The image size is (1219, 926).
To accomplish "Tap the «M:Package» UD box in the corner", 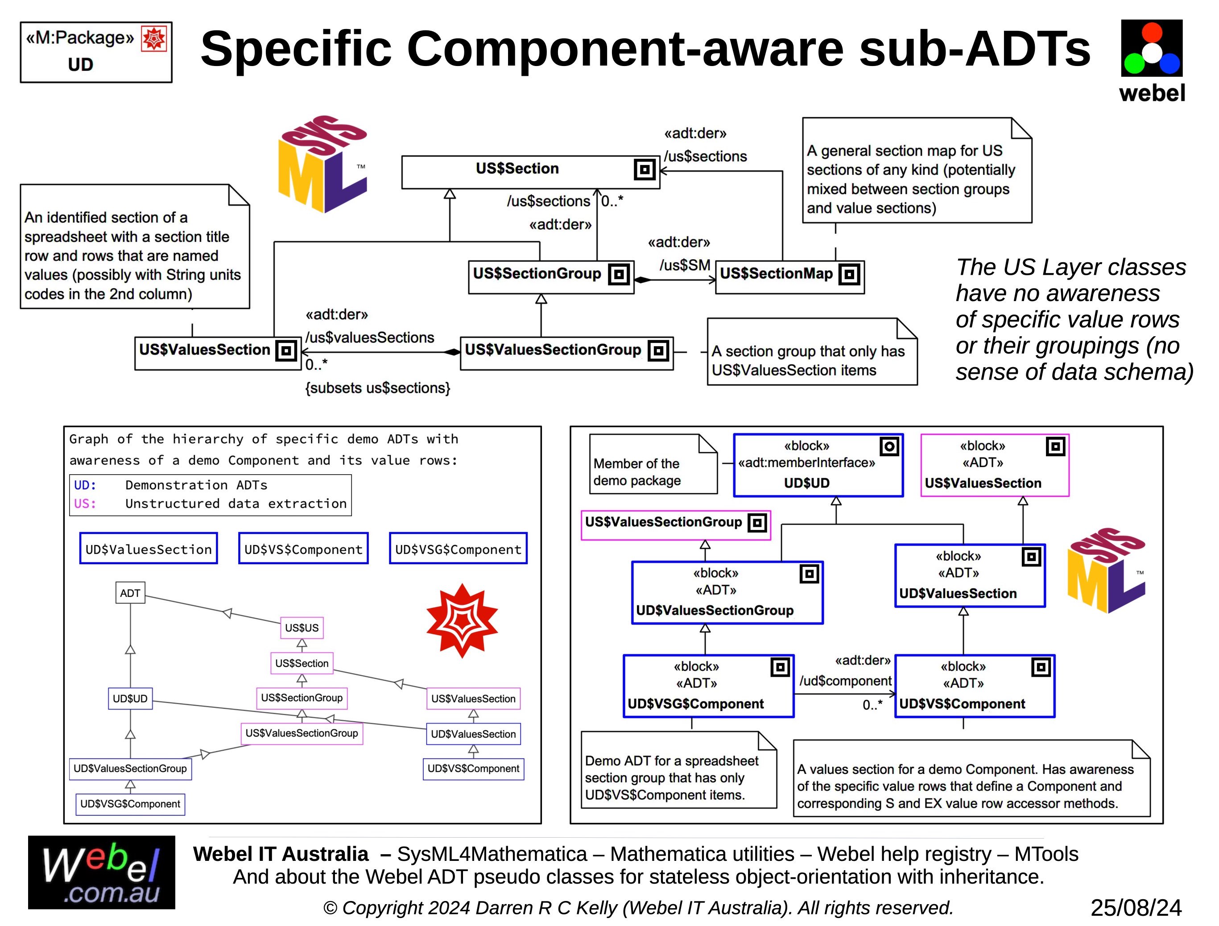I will coord(96,52).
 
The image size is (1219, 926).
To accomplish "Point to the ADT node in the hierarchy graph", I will coord(130,593).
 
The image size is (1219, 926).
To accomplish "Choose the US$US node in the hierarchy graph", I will coord(302,628).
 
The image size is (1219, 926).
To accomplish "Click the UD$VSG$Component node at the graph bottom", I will coord(130,804).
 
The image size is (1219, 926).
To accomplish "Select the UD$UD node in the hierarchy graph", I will coord(130,699).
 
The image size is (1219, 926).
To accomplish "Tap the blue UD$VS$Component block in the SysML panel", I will coord(974,686).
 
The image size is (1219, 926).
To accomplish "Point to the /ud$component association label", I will coord(845,681).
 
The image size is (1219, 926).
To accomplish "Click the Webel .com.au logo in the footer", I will coord(101,872).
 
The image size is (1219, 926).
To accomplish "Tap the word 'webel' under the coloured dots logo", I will coord(1152,93).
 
